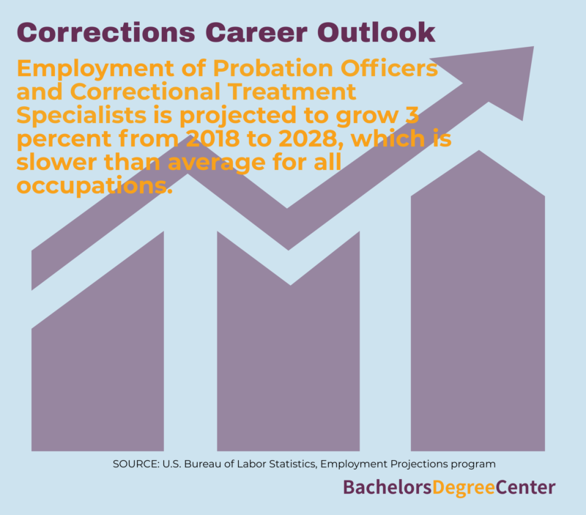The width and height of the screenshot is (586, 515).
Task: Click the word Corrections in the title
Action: tap(105, 32)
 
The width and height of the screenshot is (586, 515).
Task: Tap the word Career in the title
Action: tap(256, 32)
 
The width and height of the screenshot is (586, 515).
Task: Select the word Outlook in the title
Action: tap(377, 32)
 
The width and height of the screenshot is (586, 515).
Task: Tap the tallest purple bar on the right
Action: tap(478, 306)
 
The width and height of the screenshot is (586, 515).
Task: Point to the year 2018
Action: tap(212, 138)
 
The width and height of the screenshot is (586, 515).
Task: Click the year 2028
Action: tap(308, 138)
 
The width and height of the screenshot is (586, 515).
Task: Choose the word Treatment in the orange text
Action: tap(292, 92)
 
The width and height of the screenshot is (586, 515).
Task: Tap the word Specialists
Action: tap(81, 116)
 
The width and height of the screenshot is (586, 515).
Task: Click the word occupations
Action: tap(94, 186)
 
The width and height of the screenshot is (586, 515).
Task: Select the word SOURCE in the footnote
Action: tap(136, 464)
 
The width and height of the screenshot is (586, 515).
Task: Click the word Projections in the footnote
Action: tap(419, 464)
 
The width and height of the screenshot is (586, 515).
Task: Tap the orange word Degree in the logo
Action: tap(464, 487)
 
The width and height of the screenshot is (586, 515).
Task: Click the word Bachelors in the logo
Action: tap(387, 487)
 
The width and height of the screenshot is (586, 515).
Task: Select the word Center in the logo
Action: tap(525, 487)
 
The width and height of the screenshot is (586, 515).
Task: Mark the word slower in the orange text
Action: tap(57, 162)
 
